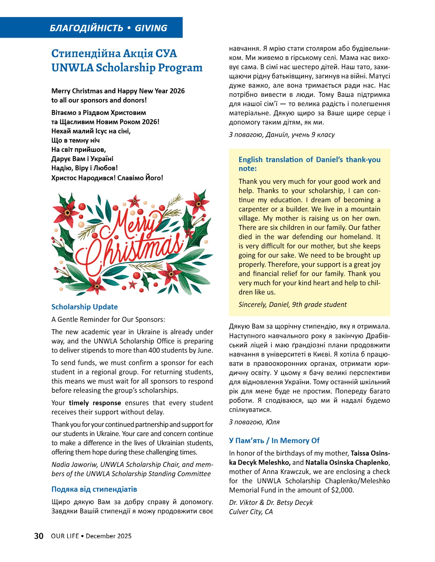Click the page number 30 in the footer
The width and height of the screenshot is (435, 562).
click(x=39, y=536)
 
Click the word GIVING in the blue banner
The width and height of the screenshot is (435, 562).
click(x=151, y=28)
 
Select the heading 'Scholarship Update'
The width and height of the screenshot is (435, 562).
click(x=85, y=307)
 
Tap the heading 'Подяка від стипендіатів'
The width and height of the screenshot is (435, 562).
click(x=94, y=489)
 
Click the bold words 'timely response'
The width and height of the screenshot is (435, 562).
click(x=95, y=403)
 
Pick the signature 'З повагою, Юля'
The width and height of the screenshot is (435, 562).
click(x=254, y=422)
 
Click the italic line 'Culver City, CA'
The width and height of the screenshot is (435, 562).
click(x=251, y=512)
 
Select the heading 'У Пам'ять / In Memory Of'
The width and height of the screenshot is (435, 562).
click(x=274, y=441)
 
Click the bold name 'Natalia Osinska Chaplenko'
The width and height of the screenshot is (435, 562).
click(x=347, y=463)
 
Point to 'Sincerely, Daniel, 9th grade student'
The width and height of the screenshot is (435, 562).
click(x=292, y=304)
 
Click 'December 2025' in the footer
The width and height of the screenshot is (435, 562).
click(x=108, y=536)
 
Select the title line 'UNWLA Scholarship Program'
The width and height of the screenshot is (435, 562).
click(x=127, y=67)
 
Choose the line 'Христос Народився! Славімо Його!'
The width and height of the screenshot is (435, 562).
click(x=107, y=178)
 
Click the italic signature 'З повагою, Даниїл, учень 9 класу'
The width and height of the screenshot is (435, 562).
click(x=282, y=135)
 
